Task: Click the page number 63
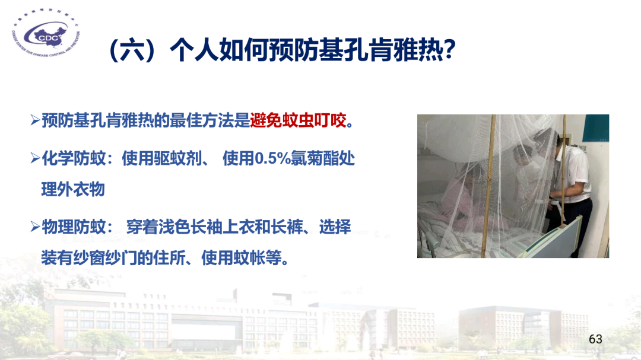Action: pos(595,339)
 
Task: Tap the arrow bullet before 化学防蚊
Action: pos(34,160)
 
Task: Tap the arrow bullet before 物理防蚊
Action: pos(34,227)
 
